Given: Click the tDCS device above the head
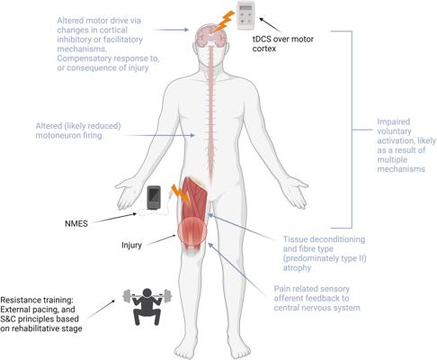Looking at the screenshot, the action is [x=245, y=15].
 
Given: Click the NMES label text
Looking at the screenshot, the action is [x=76, y=224].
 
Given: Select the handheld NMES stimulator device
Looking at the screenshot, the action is [x=154, y=197].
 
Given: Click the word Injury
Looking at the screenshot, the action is [x=131, y=245].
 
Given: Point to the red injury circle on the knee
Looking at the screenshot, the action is [x=192, y=232].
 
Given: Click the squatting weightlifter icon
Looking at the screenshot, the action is [x=147, y=306].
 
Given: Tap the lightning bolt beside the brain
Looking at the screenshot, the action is [x=224, y=21].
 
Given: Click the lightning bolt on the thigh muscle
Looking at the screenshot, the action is [x=181, y=193].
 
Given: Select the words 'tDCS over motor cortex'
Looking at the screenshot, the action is [x=283, y=44].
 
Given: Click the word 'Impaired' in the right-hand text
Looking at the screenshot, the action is [x=394, y=121].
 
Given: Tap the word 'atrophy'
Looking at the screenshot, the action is [x=297, y=268].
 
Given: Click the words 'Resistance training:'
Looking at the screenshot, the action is [x=37, y=300].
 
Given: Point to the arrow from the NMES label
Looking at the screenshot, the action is [x=114, y=218].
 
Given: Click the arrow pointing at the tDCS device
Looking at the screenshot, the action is [x=271, y=25].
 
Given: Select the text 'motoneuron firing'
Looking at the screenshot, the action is [x=68, y=136].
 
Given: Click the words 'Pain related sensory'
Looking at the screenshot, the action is [x=312, y=289].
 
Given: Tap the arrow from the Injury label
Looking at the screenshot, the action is [x=161, y=240].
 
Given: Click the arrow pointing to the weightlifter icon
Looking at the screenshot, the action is [x=101, y=310].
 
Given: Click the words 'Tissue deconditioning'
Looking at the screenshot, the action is [x=324, y=239].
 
